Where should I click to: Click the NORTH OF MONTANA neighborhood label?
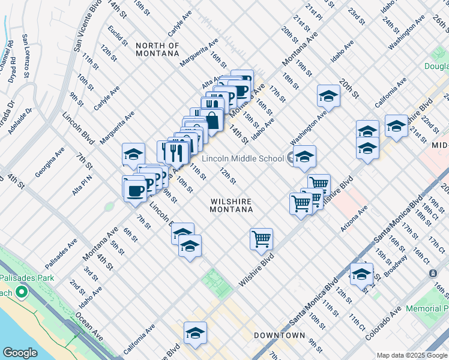[157, 49]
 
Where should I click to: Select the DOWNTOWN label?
[279, 335]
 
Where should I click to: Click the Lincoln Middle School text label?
[243, 158]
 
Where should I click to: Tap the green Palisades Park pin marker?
[22, 292]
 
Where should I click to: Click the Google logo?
[20, 353]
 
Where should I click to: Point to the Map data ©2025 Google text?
[411, 355]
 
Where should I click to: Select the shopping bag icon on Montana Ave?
[212, 119]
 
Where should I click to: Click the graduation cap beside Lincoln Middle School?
[304, 157]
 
